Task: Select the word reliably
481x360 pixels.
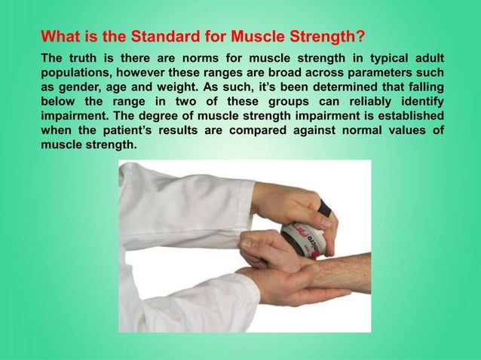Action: (362, 102)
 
